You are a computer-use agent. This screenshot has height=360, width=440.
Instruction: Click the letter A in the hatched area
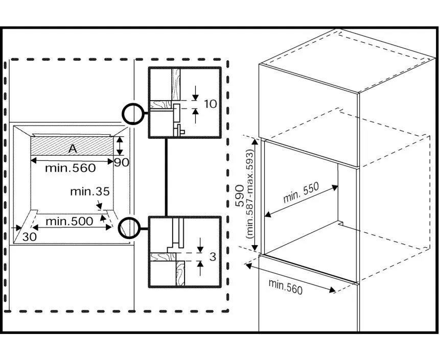pyautogui.click(x=73, y=149)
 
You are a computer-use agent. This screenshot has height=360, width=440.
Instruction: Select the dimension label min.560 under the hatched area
pyautogui.click(x=70, y=167)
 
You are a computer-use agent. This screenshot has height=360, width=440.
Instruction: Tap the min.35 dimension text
pyautogui.click(x=90, y=192)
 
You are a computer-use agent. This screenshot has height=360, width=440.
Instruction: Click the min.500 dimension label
pyautogui.click(x=70, y=221)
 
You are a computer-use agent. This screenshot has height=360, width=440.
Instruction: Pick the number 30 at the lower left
pyautogui.click(x=30, y=237)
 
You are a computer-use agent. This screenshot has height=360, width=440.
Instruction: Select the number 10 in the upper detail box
pyautogui.click(x=210, y=104)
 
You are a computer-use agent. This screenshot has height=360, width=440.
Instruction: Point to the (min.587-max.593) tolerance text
pyautogui.click(x=250, y=195)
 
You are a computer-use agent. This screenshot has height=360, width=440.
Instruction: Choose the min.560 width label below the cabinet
pyautogui.click(x=286, y=286)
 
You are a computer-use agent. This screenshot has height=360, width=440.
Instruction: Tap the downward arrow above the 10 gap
pyautogui.click(x=196, y=94)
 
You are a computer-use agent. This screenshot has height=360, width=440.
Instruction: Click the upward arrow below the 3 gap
pyautogui.click(x=199, y=265)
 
